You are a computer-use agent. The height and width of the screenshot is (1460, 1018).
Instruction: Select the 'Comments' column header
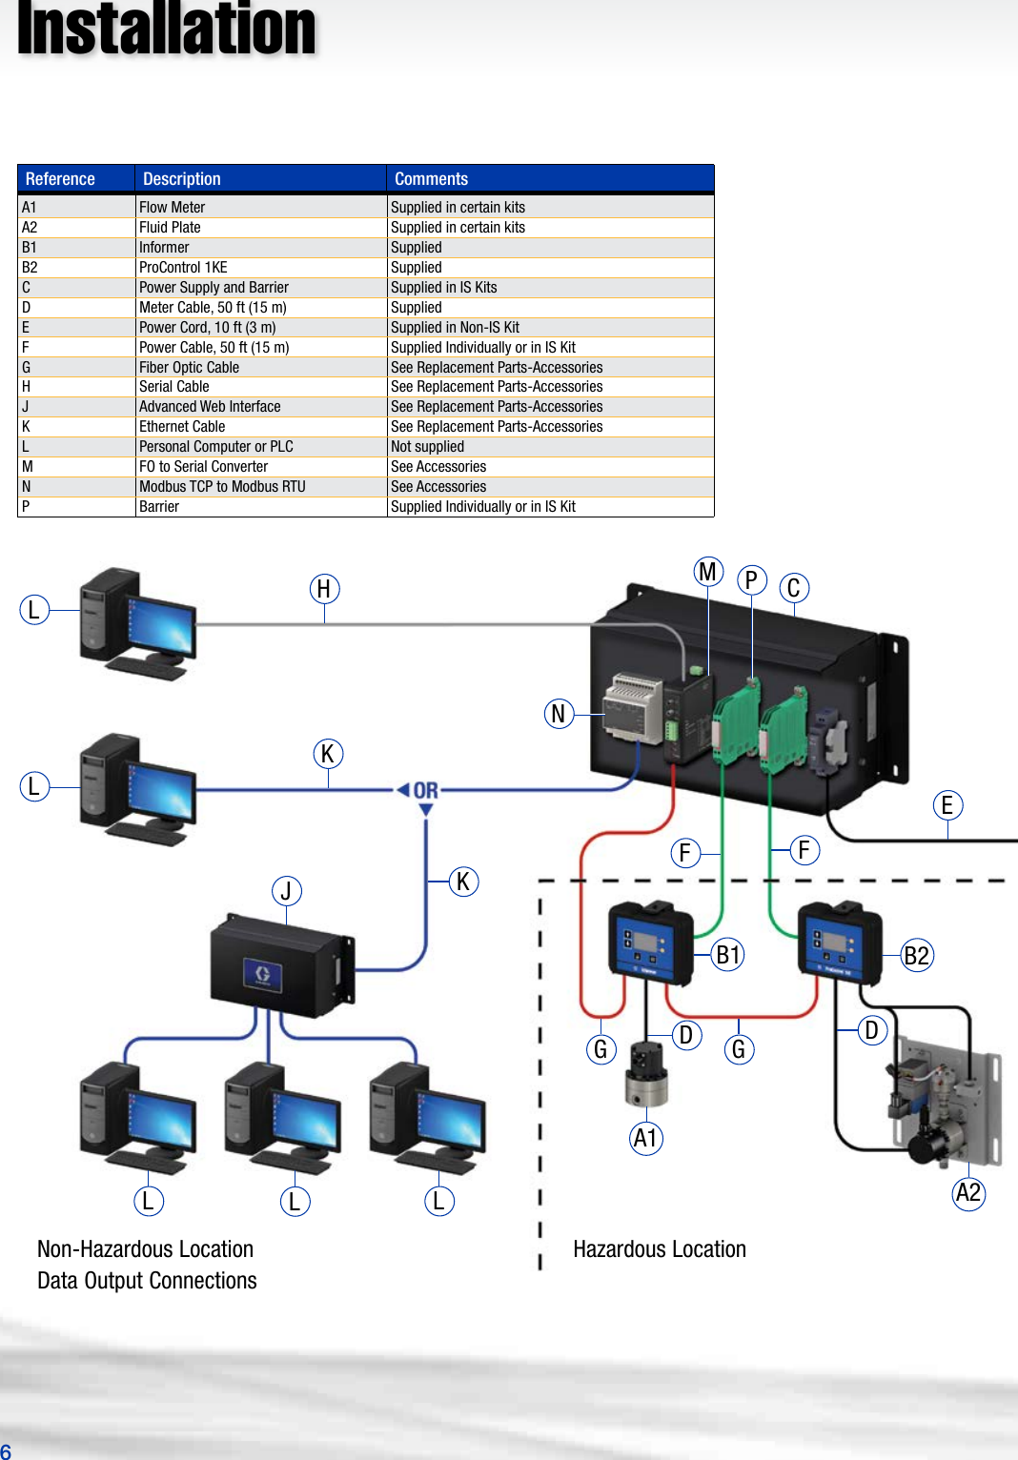[431, 179]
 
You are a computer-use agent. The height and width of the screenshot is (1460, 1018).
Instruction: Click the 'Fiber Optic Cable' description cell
[189, 367]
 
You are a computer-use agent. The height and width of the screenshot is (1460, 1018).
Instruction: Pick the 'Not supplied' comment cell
[427, 446]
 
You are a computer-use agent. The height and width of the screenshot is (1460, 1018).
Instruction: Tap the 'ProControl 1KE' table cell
[183, 267]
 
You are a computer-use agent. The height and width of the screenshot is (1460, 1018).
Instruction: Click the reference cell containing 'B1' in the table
[30, 247]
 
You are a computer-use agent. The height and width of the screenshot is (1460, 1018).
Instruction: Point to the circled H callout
[324, 589]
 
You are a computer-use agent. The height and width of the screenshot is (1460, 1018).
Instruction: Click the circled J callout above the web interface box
[286, 891]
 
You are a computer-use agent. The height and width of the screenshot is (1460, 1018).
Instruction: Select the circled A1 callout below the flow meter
[646, 1138]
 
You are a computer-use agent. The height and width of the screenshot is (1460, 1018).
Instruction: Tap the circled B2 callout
[916, 955]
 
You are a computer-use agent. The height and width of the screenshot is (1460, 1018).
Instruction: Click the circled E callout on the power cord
[947, 805]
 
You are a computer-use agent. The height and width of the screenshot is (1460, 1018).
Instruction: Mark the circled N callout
[559, 713]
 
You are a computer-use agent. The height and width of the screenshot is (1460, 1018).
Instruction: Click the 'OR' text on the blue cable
[426, 790]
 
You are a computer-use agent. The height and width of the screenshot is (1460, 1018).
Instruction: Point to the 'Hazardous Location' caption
[660, 1249]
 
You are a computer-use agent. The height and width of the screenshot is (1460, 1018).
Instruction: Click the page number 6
[6, 1451]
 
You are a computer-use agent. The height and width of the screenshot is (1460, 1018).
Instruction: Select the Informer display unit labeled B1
[650, 942]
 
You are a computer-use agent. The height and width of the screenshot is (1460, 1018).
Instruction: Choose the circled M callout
[707, 572]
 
